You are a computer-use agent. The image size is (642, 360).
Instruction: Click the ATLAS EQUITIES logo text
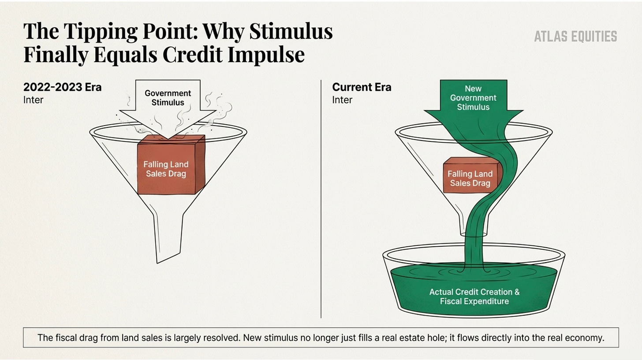click(x=575, y=37)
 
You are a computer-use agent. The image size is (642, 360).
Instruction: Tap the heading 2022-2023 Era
click(x=62, y=87)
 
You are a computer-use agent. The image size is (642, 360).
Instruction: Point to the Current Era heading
click(x=362, y=87)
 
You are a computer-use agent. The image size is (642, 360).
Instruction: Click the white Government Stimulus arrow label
click(x=168, y=98)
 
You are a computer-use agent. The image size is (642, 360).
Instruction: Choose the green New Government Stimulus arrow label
click(x=473, y=98)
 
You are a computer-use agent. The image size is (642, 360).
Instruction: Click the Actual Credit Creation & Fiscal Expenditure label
click(x=474, y=297)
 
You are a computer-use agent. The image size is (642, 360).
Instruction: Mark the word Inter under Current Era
click(x=342, y=100)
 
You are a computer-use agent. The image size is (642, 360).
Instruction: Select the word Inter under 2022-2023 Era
click(x=34, y=100)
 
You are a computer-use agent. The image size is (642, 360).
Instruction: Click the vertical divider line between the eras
click(x=321, y=198)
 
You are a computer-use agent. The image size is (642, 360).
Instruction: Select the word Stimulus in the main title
click(x=291, y=32)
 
